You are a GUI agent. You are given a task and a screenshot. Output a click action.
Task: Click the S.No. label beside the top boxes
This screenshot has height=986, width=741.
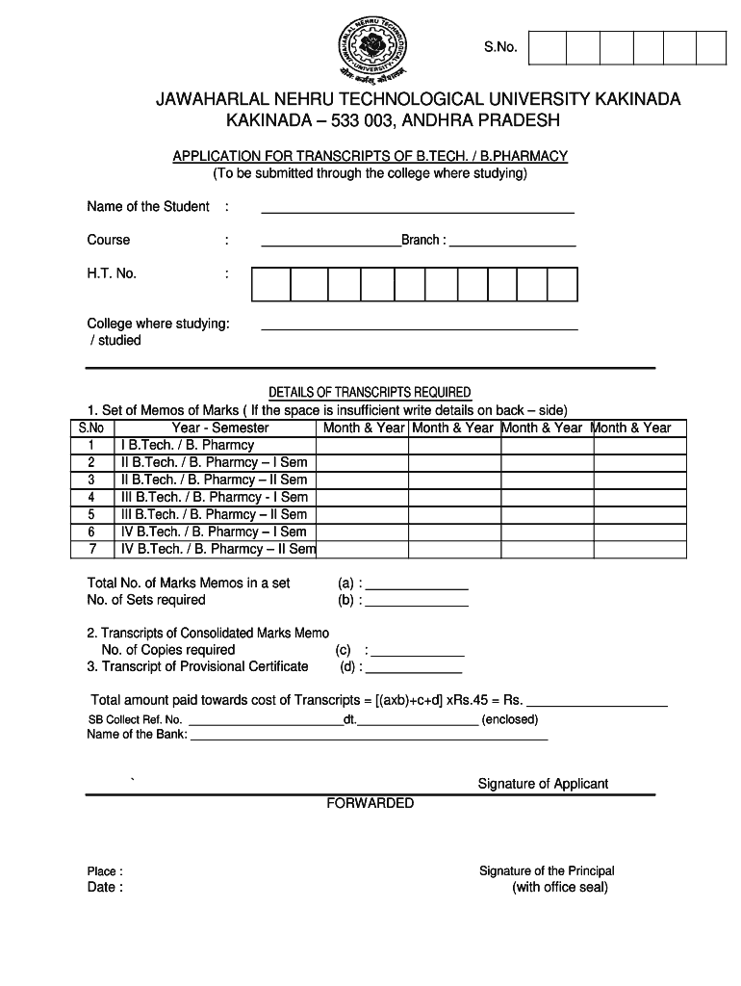click(500, 47)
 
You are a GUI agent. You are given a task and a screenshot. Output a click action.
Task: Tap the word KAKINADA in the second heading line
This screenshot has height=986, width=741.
click(266, 121)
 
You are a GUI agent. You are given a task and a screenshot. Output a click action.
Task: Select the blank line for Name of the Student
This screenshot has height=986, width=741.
click(418, 209)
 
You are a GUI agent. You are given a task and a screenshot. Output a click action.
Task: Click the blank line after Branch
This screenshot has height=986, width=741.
click(512, 245)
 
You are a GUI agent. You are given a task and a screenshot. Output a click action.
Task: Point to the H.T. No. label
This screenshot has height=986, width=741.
click(112, 273)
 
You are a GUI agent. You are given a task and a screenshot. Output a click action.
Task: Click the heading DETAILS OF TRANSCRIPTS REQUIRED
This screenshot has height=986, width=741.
click(370, 392)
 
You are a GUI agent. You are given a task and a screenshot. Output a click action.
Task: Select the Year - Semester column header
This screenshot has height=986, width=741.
click(220, 428)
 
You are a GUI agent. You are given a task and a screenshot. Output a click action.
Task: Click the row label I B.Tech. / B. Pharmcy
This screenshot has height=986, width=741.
click(188, 445)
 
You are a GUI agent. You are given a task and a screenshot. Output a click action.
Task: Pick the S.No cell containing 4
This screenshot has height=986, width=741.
click(91, 497)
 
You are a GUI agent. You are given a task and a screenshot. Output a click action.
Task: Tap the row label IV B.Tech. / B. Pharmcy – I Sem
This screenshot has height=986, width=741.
click(214, 532)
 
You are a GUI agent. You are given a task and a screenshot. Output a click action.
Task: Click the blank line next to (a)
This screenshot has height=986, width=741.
click(417, 586)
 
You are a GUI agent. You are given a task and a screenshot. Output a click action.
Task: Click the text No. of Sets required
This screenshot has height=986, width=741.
click(146, 600)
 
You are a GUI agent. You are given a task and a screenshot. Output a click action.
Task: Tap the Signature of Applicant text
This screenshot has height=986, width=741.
click(543, 784)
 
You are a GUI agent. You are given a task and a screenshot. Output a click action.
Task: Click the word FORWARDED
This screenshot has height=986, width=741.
click(370, 803)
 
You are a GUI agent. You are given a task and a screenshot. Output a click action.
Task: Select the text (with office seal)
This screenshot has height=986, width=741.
click(560, 887)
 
